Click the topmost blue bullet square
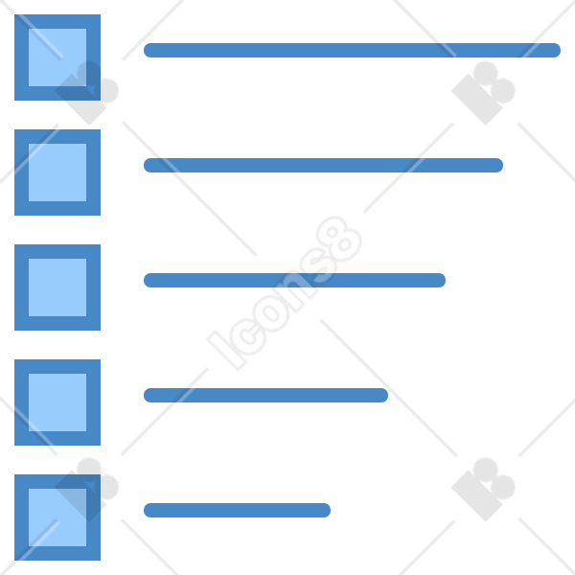tap(57, 57)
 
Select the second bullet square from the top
tap(57, 172)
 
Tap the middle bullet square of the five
tap(57, 287)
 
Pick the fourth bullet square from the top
tap(57, 402)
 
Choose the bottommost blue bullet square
tap(57, 517)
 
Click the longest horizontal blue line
tap(352, 50)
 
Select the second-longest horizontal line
tap(324, 166)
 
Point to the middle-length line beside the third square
tap(294, 280)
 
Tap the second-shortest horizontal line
tap(265, 395)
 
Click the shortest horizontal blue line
tap(237, 511)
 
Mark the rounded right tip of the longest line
tap(560, 50)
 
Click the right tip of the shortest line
tap(330, 511)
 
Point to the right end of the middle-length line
tap(445, 280)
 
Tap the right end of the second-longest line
tap(502, 166)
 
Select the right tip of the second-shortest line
tap(387, 395)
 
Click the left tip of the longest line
tap(145, 50)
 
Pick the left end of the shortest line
tap(145, 511)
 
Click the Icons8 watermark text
tap(285, 293)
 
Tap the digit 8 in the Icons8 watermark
tap(339, 239)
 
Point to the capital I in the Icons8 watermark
tap(226, 350)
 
